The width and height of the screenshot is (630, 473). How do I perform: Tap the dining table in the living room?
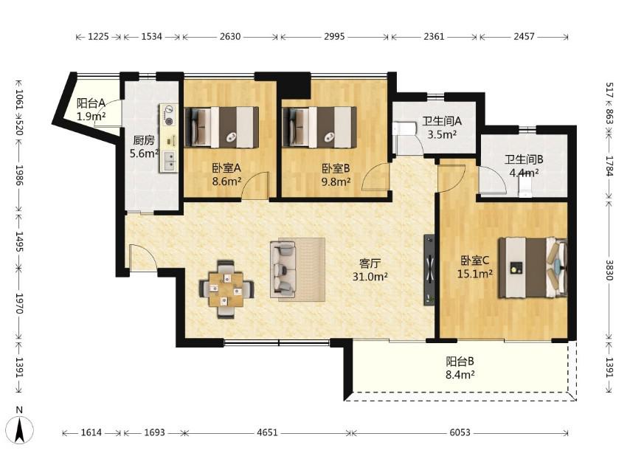point(226,289)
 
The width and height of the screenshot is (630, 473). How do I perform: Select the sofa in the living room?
point(283,269)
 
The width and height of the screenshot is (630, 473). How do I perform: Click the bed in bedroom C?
point(533,268)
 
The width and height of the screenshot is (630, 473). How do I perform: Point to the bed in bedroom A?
point(221,127)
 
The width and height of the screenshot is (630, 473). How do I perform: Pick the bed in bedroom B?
point(319,127)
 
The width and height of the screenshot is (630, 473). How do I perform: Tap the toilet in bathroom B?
point(525,187)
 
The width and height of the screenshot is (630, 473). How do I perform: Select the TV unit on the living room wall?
point(429,269)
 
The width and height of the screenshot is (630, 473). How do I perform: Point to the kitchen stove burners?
point(169,114)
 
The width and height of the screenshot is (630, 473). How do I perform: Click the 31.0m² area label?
point(370,277)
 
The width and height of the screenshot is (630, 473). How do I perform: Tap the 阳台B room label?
point(460,362)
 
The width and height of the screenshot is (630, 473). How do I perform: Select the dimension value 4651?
point(267,432)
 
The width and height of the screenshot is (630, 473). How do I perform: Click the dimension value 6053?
point(460,432)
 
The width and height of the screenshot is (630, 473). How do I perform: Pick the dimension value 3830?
point(609,270)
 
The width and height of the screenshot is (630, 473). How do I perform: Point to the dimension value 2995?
point(334,37)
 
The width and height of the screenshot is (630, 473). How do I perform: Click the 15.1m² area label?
point(475,274)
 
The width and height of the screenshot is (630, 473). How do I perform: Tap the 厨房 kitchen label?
point(143,140)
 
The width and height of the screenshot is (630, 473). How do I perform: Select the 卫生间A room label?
point(442,120)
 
